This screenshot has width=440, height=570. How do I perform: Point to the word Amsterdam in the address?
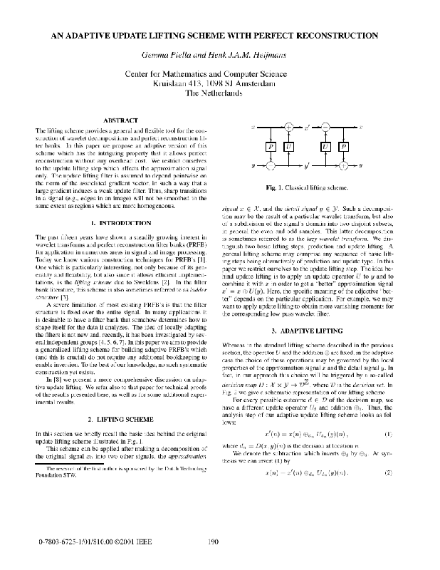(x=259, y=83)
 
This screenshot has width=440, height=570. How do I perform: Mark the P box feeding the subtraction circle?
(x=270, y=146)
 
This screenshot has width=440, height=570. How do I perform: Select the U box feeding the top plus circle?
(x=289, y=146)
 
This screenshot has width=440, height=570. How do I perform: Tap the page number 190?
(x=212, y=541)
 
